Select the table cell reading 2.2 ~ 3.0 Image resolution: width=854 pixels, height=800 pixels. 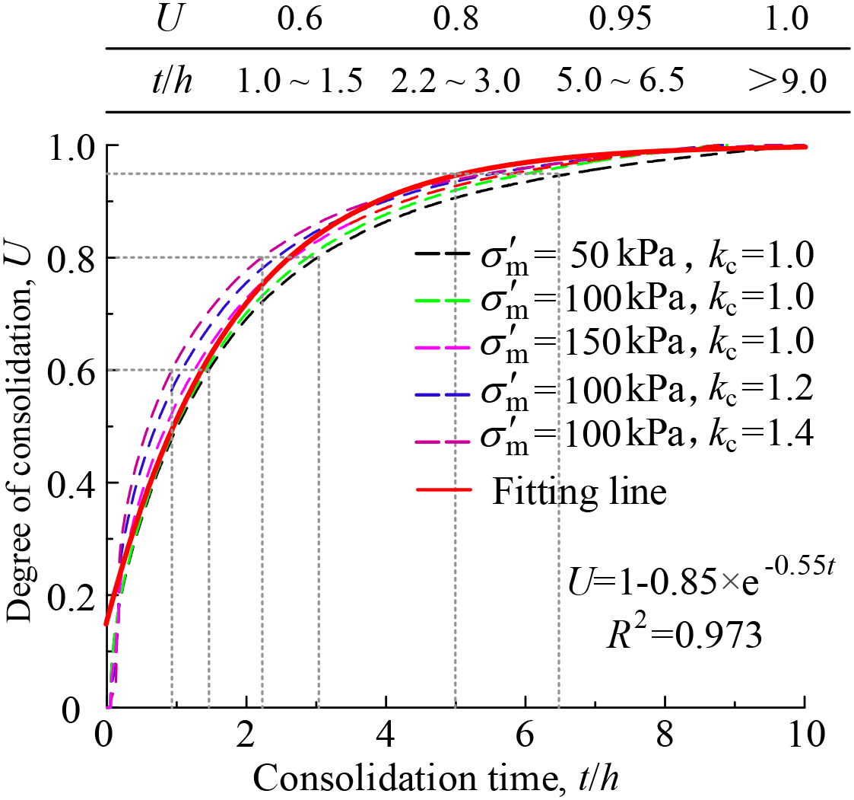click(x=456, y=81)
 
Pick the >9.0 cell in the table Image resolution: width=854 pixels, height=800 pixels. click(x=786, y=81)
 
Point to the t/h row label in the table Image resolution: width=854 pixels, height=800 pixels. click(x=171, y=81)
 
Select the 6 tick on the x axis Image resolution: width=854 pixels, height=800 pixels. click(x=526, y=736)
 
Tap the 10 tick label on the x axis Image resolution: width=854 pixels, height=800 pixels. click(x=805, y=736)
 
